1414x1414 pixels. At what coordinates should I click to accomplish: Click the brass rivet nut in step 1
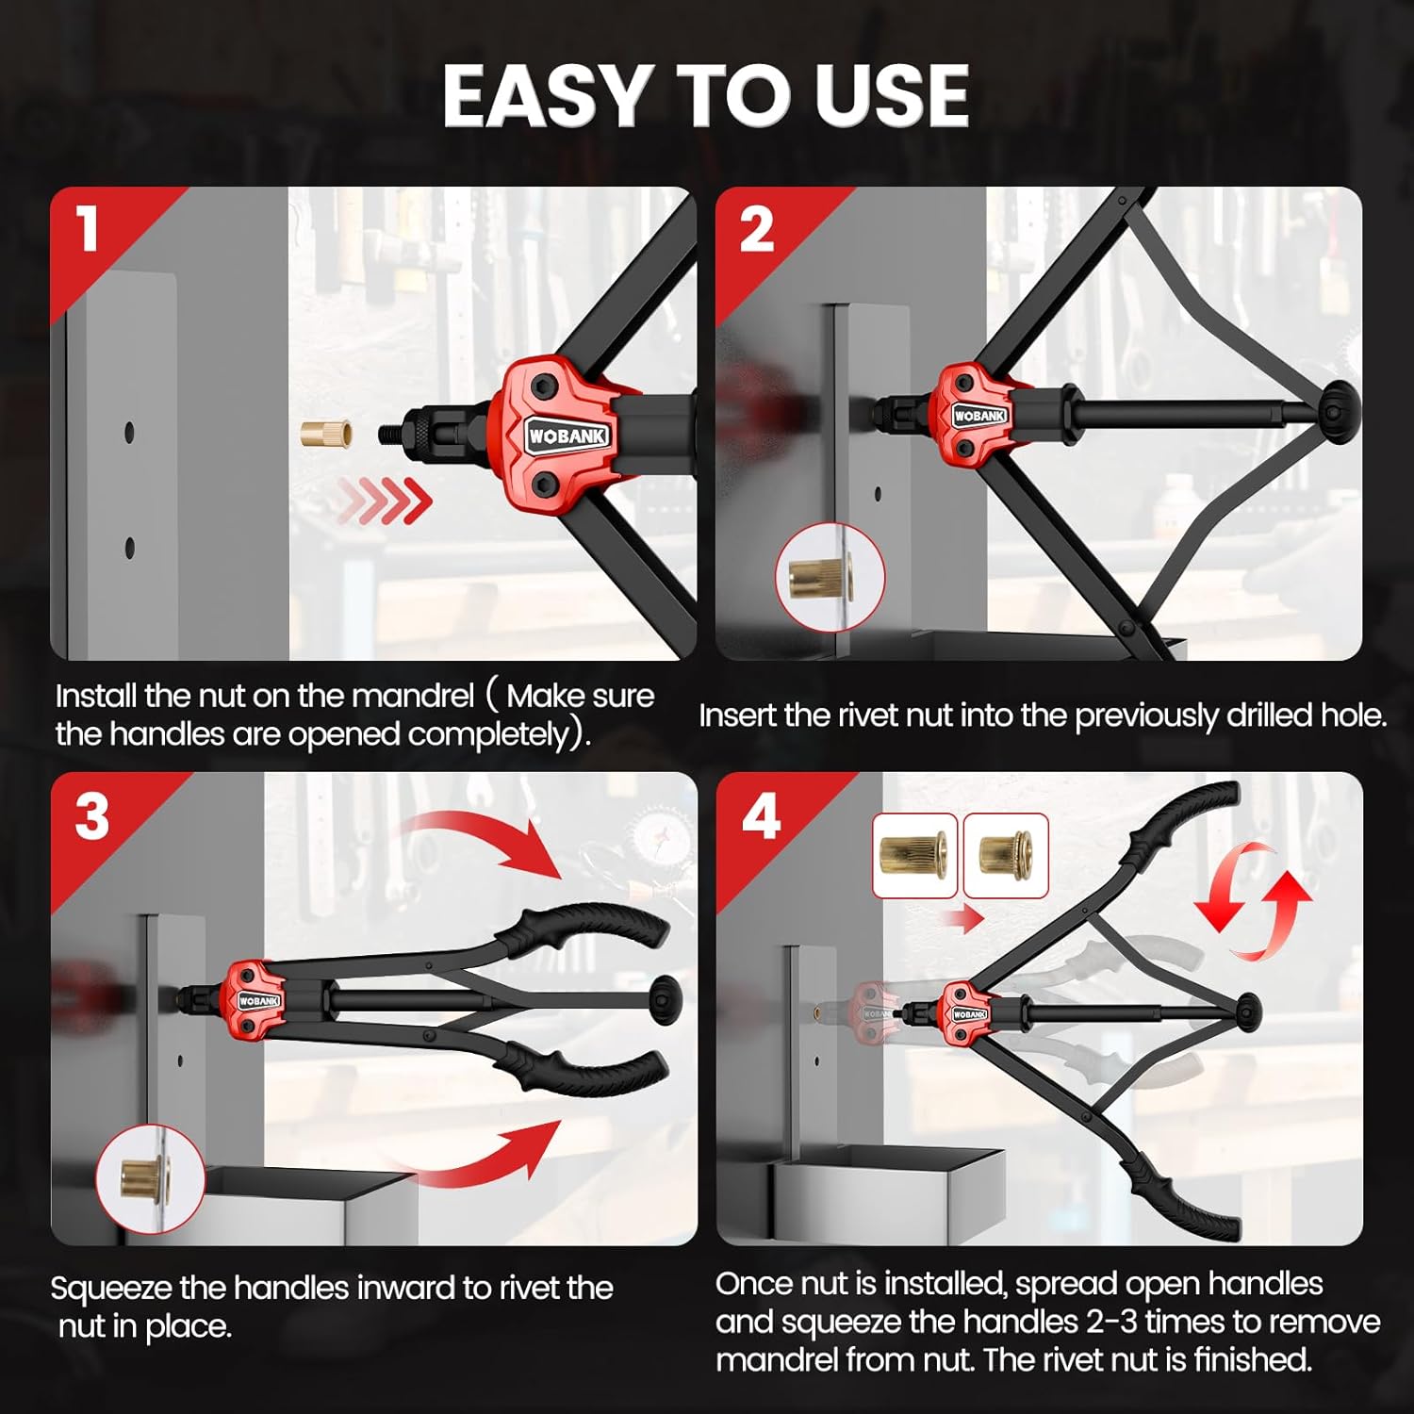coord(326,435)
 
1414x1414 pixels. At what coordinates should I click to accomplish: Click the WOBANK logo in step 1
coord(567,436)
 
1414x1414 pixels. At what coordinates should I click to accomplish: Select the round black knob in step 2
coord(1339,412)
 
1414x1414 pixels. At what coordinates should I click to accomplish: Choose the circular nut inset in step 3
coord(150,1179)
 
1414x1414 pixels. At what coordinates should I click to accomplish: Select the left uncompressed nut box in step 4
coord(915,856)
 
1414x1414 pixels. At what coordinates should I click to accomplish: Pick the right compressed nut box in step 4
coord(1006,856)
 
